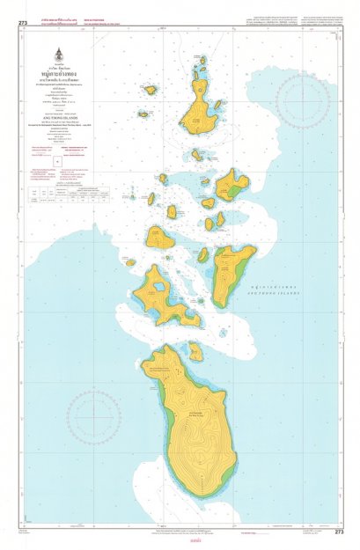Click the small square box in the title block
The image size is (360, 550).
point(57,163)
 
